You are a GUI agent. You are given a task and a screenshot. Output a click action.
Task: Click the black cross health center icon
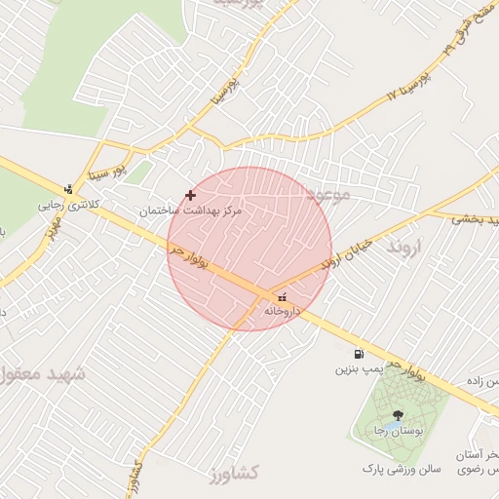tap(190, 196)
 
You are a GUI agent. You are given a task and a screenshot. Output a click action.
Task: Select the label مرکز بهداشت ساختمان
tap(189, 211)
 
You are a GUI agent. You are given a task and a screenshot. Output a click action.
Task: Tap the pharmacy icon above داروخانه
tap(283, 297)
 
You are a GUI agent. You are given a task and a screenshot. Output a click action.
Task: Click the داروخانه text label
tap(283, 311)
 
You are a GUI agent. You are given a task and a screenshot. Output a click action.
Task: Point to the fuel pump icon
tap(359, 355)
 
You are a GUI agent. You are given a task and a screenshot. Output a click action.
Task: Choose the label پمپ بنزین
tap(357, 369)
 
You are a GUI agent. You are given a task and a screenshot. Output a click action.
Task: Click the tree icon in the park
tap(396, 416)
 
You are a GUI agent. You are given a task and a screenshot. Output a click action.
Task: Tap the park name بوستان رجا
tap(394, 430)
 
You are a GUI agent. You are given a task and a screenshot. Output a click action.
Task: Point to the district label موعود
tap(326, 194)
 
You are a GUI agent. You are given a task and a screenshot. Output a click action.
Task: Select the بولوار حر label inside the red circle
tap(196, 262)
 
